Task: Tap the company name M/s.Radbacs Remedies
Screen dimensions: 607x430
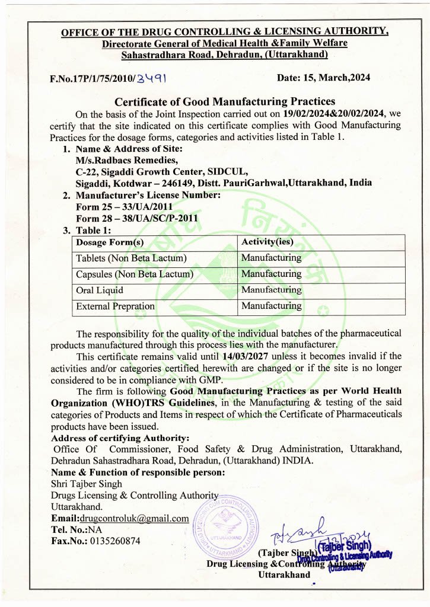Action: [x=126, y=160]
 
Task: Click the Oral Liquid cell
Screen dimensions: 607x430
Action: [x=100, y=290]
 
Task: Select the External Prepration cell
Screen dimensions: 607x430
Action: [x=115, y=306]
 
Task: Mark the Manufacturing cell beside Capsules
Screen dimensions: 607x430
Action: [x=271, y=274]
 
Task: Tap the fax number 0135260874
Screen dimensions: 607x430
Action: [x=112, y=541]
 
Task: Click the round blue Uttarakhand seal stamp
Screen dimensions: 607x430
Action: [x=227, y=523]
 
